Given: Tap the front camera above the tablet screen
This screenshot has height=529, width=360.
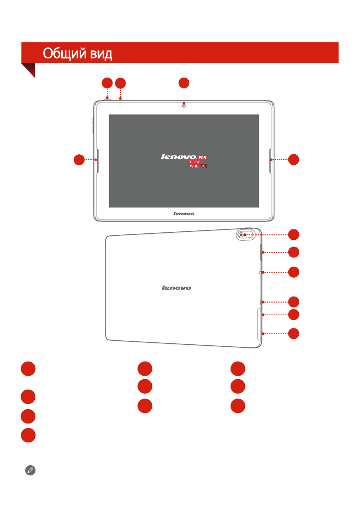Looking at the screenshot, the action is (184, 106).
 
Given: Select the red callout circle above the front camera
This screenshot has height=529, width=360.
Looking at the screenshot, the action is (184, 83).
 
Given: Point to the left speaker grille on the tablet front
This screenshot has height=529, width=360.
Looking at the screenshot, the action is (98, 160).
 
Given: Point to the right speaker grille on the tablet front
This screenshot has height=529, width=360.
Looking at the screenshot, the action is (270, 160).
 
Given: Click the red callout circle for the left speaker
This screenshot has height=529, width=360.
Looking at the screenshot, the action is (79, 160).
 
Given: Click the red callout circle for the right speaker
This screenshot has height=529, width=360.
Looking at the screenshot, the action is (293, 160).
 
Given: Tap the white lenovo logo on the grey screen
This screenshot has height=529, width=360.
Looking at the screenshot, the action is (179, 157).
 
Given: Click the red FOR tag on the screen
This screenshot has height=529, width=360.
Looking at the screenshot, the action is (202, 158).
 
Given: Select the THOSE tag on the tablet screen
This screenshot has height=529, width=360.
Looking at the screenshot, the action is (194, 162).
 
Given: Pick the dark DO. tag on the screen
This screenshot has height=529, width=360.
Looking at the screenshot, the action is (203, 166).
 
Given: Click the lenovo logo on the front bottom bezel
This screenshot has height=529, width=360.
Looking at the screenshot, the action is (184, 213).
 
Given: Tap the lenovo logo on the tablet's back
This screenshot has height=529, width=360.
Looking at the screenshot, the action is (176, 288).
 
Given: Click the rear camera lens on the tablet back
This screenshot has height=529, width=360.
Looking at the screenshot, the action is (241, 234).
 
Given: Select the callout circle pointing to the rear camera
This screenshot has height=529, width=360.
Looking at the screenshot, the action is (293, 234).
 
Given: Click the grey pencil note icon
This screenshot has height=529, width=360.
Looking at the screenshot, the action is (30, 470).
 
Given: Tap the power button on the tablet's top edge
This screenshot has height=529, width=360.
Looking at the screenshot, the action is (107, 100).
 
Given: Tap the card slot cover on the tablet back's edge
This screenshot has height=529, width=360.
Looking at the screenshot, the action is (259, 324).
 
